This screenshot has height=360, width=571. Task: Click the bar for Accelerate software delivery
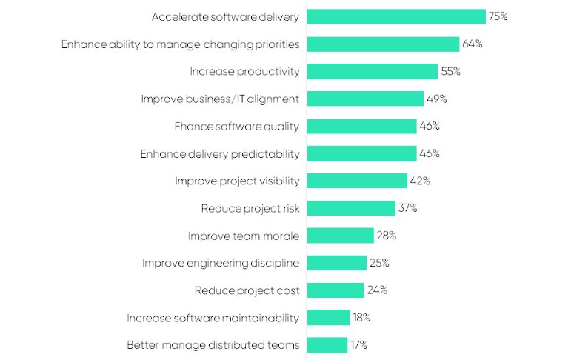click(x=396, y=16)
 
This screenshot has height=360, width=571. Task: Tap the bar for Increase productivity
click(x=373, y=71)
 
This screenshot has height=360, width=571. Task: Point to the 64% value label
click(x=472, y=44)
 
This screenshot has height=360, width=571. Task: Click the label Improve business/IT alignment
click(x=220, y=99)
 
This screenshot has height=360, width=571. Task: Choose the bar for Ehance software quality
click(x=362, y=126)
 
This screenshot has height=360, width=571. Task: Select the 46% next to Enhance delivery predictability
click(x=430, y=153)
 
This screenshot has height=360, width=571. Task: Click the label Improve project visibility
click(x=237, y=181)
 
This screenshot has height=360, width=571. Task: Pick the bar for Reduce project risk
click(x=351, y=208)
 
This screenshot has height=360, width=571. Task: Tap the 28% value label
click(x=387, y=236)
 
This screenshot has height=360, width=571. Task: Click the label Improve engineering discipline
click(x=221, y=263)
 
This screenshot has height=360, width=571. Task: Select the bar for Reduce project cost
click(x=335, y=290)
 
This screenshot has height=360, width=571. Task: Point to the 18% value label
click(x=361, y=318)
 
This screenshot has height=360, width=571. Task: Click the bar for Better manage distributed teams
click(x=327, y=345)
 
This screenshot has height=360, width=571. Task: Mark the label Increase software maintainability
click(x=213, y=318)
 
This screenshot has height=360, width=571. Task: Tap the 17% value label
click(x=358, y=345)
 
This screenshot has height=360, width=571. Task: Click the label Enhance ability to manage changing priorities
click(x=180, y=44)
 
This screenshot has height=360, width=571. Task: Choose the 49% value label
click(x=436, y=99)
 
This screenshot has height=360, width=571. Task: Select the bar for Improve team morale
click(x=341, y=236)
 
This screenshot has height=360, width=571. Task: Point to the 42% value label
click(x=420, y=181)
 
